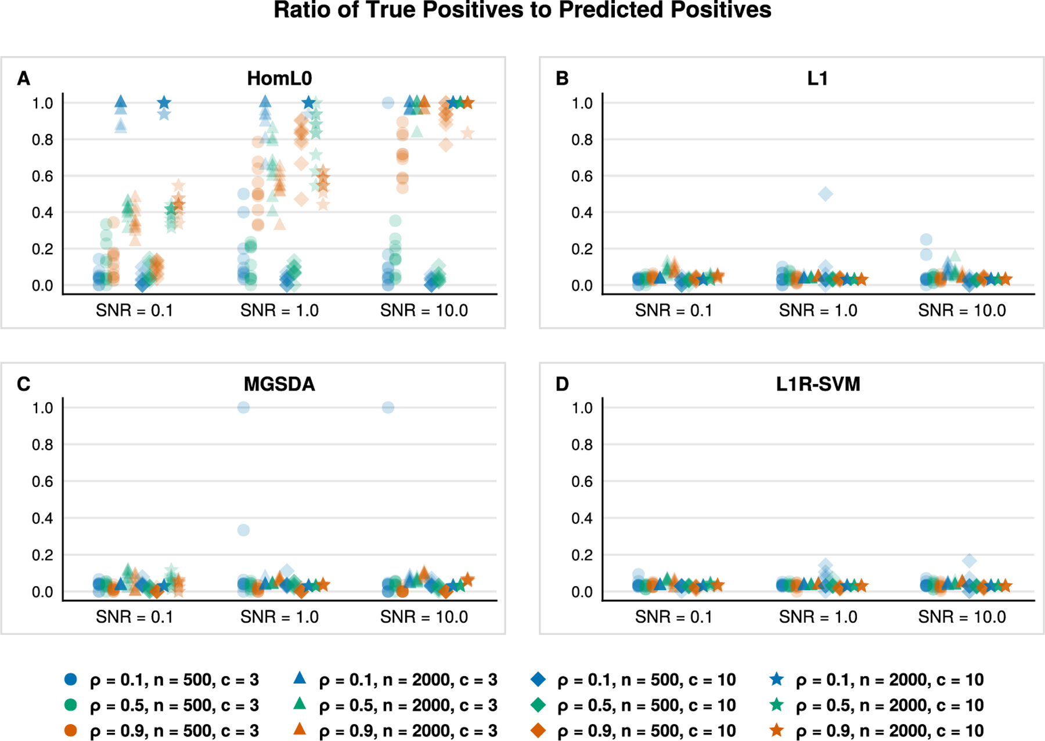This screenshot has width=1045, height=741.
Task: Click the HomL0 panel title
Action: tap(279, 78)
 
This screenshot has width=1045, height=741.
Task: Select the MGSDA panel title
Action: tap(279, 384)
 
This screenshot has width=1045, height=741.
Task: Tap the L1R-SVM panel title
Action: tap(818, 384)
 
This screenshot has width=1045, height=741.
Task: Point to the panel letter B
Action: tap(562, 78)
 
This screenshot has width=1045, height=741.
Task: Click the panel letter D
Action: tap(562, 384)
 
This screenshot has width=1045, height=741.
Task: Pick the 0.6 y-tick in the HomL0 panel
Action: tap(42, 176)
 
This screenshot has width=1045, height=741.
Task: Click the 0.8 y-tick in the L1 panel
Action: tap(582, 140)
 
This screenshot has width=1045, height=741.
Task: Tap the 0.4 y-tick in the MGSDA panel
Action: tap(42, 518)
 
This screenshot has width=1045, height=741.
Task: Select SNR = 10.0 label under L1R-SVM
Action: tap(962, 617)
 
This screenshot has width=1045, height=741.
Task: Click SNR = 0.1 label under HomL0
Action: tap(135, 310)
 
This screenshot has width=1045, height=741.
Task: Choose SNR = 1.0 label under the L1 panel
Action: tap(818, 310)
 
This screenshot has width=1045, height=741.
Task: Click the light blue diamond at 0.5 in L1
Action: tap(825, 194)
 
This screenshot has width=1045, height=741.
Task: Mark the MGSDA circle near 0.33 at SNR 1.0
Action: tap(244, 530)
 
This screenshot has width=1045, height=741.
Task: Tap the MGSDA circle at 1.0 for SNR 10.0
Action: tap(388, 407)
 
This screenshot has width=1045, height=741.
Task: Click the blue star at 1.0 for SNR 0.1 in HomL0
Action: tap(164, 103)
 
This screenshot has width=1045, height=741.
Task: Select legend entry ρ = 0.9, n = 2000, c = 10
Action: tap(877, 731)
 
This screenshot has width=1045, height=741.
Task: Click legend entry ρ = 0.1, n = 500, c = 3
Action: tap(161, 679)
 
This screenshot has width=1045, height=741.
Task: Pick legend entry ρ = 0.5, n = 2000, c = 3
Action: tap(395, 705)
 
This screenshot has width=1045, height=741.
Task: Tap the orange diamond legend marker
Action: tap(538, 730)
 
